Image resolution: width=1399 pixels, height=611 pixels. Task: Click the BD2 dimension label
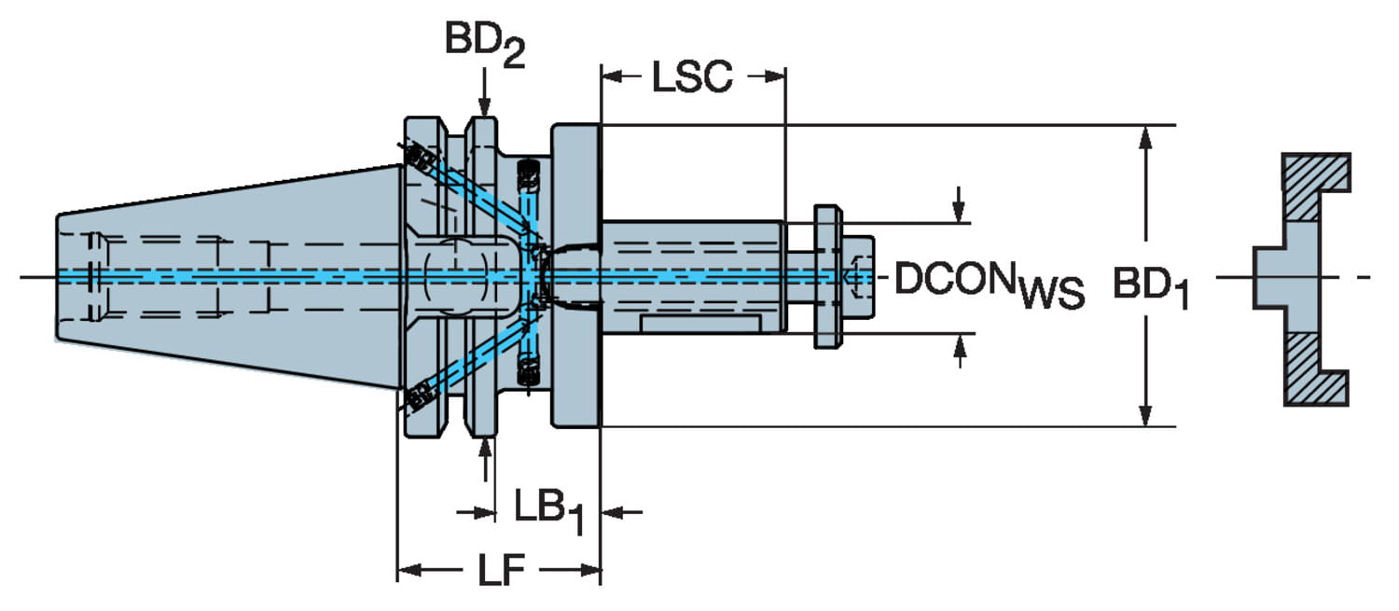483,42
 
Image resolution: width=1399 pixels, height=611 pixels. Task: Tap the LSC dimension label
692,78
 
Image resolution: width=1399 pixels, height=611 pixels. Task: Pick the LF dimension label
502,571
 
